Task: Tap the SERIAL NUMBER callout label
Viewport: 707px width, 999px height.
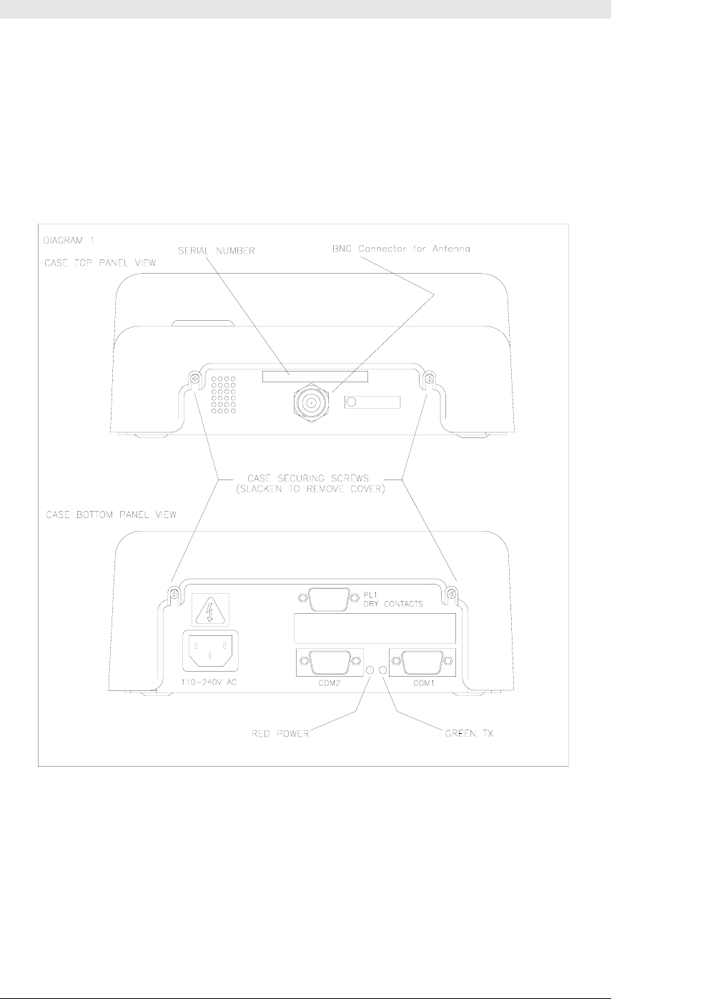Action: pos(218,251)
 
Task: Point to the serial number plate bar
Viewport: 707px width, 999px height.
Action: pos(315,377)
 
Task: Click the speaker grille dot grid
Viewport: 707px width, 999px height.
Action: pos(224,395)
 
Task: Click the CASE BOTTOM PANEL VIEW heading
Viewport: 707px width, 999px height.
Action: pos(110,515)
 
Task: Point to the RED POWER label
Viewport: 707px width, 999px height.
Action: pos(280,734)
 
